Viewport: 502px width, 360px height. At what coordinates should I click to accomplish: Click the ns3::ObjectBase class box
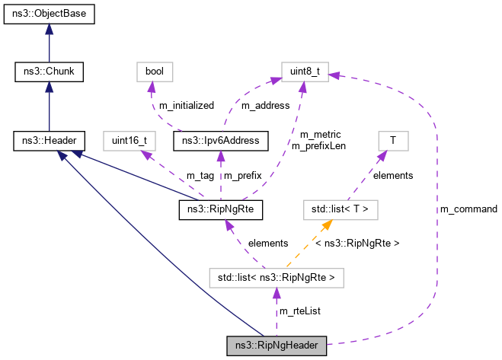(x=50, y=14)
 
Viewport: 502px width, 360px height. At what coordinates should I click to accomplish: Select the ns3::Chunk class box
(x=50, y=72)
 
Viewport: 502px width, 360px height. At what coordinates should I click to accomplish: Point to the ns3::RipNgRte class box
(x=220, y=209)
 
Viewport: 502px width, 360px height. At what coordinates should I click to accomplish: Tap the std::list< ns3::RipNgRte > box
(x=277, y=277)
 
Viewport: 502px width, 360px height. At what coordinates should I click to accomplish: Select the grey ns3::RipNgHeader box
(x=277, y=346)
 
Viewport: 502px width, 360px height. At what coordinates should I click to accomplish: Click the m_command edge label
(x=468, y=209)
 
